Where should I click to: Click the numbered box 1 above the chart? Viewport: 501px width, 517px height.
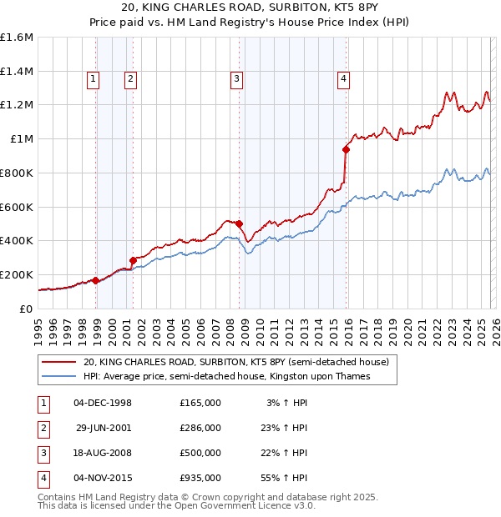point(92,79)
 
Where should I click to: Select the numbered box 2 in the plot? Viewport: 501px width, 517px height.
point(131,79)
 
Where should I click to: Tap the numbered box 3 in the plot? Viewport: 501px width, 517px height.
point(237,79)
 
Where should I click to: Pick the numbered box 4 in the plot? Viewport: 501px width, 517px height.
point(343,79)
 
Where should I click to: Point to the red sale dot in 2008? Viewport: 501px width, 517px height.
point(239,223)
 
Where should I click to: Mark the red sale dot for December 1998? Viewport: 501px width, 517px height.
point(95,280)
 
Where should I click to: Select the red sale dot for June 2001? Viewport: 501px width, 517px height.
point(133,259)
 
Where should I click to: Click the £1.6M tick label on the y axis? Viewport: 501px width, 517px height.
point(17,38)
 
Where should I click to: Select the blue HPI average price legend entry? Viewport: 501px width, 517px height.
point(226,376)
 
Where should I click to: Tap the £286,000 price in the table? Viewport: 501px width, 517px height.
point(200,428)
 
